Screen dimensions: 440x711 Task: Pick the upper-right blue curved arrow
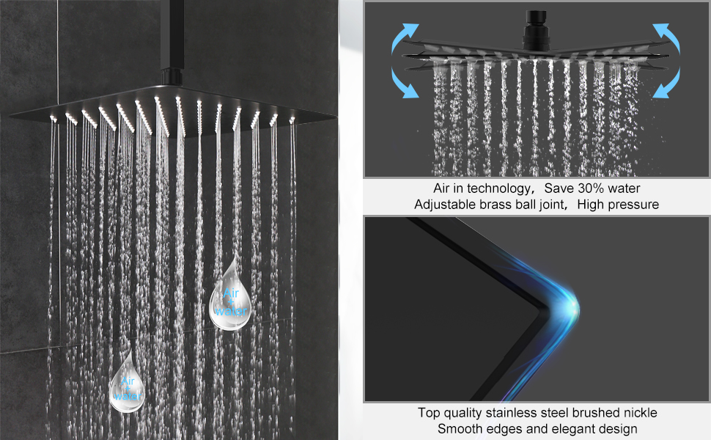[x=665, y=37]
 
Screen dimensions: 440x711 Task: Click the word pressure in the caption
[x=633, y=205]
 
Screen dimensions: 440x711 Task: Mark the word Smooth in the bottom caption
[x=459, y=429]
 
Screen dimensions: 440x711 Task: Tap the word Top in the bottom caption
[x=430, y=413]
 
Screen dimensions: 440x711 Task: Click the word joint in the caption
[x=547, y=205]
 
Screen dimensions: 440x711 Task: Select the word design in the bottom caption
[x=618, y=429]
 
